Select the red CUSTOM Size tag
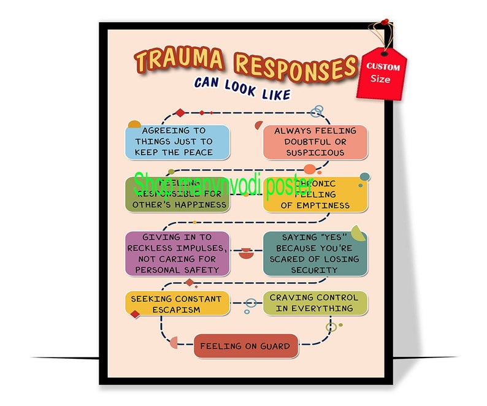click(382, 73)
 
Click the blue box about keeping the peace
click(177, 142)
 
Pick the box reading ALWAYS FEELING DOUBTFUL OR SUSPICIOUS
click(315, 142)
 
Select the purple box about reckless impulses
click(177, 253)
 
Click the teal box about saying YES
click(315, 253)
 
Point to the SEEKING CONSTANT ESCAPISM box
click(177, 304)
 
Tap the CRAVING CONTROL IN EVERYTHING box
click(315, 303)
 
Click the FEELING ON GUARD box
click(245, 347)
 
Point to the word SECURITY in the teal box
click(315, 270)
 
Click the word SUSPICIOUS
click(315, 153)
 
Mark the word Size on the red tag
click(380, 79)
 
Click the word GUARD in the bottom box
click(274, 347)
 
